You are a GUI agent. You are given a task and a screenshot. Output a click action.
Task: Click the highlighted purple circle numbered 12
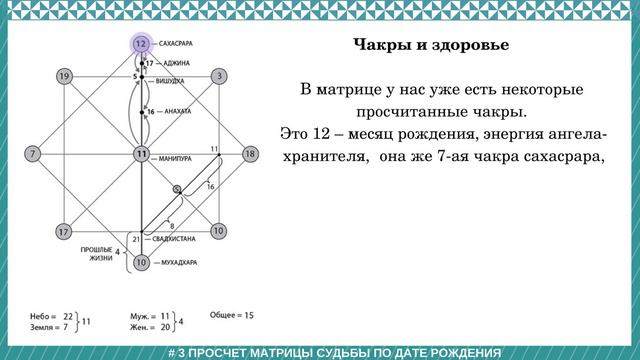click(x=142, y=45)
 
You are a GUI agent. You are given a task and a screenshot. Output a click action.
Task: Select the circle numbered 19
click(x=63, y=76)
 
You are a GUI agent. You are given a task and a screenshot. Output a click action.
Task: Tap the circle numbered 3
click(x=219, y=76)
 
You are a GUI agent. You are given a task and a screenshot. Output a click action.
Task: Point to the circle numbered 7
click(x=32, y=154)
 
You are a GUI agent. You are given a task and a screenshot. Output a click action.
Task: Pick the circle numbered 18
click(x=250, y=154)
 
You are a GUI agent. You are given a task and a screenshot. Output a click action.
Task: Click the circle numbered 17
click(x=63, y=231)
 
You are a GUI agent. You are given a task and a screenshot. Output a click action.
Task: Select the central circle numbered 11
click(x=142, y=154)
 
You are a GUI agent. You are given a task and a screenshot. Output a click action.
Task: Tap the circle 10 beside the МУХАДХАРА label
click(x=142, y=262)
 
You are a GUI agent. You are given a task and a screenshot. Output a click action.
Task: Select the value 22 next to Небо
click(x=69, y=314)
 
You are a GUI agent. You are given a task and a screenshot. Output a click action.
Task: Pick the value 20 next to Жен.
click(x=165, y=326)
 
